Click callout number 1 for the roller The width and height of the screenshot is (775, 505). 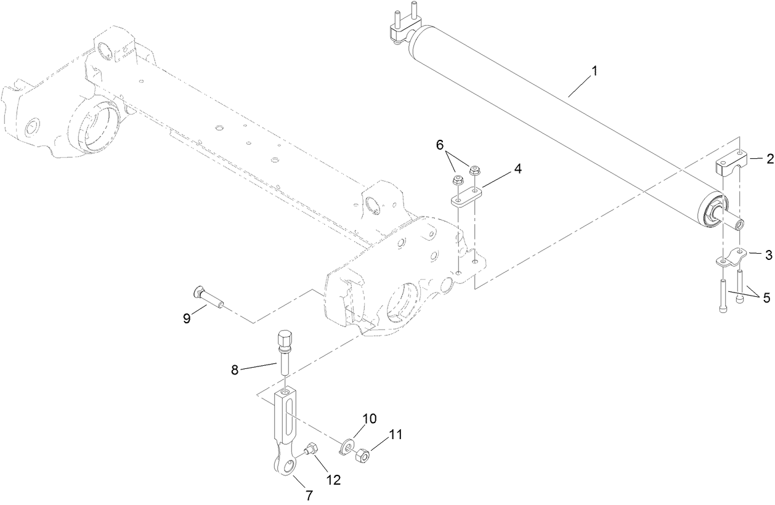pyautogui.click(x=594, y=72)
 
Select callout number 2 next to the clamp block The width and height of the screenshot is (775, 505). pyautogui.click(x=769, y=159)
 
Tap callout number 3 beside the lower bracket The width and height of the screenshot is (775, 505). pyautogui.click(x=769, y=254)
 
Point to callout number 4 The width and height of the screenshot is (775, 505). pyautogui.click(x=518, y=168)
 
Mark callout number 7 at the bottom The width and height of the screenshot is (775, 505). pyautogui.click(x=309, y=494)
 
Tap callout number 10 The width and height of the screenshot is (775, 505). pyautogui.click(x=368, y=419)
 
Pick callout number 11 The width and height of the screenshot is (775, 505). pyautogui.click(x=395, y=434)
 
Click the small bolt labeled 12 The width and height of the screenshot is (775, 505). pyautogui.click(x=312, y=450)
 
